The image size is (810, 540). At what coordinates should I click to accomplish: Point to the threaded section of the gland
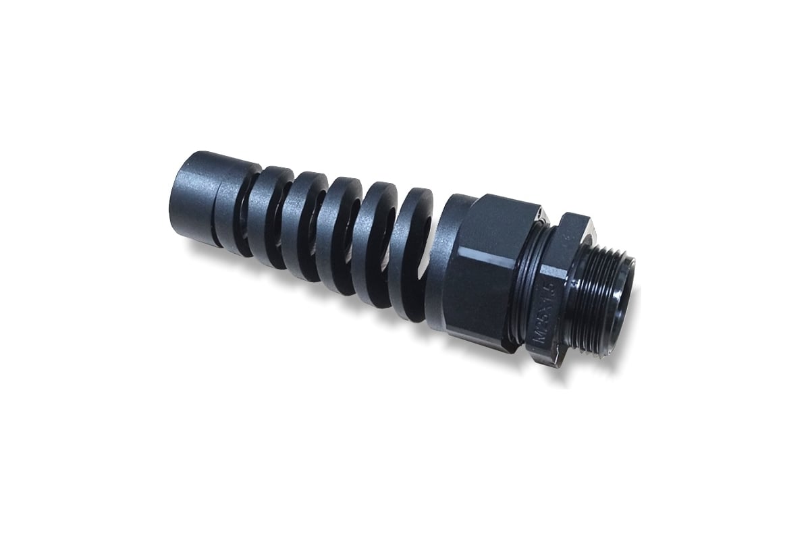(594, 297)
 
